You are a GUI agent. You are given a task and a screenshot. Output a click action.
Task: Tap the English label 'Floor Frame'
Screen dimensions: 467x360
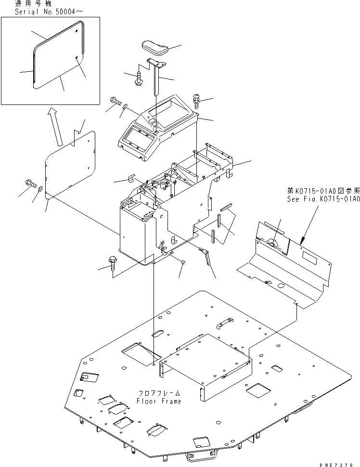159,401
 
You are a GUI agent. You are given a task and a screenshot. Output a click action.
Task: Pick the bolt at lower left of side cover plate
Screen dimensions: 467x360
29,183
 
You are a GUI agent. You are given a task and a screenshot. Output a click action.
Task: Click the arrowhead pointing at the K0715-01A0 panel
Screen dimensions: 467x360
302,239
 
